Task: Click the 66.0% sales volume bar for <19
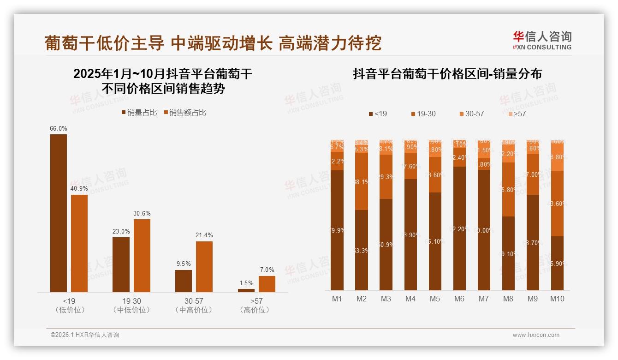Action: tap(59, 213)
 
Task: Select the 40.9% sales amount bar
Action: tap(79, 243)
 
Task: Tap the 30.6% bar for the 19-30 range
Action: tap(142, 255)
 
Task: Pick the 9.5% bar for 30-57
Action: tap(184, 281)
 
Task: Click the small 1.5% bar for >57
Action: tap(246, 290)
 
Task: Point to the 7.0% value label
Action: tap(267, 270)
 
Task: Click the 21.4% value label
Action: tap(204, 235)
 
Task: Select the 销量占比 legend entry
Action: tap(139, 112)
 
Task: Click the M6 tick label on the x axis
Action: tap(459, 299)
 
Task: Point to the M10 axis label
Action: tap(557, 299)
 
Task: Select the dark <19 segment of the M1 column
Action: tap(337, 230)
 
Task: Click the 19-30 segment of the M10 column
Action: tap(557, 204)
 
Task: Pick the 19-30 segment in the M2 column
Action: tap(362, 181)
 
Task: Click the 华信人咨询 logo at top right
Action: tap(542, 40)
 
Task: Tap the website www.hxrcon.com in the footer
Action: tap(536, 335)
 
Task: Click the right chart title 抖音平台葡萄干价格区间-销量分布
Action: tap(447, 74)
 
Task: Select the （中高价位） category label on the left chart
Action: tap(194, 310)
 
